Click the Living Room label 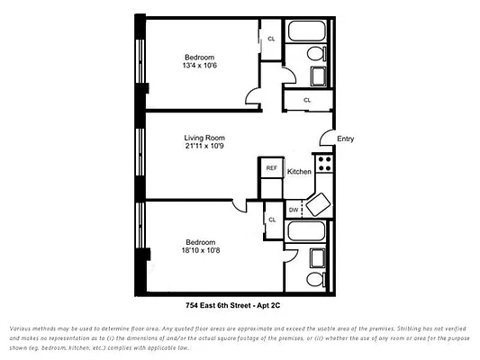(x=204, y=138)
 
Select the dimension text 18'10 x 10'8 (x=201, y=251)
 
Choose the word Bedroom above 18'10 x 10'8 (x=201, y=241)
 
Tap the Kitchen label (x=299, y=171)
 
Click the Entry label (x=346, y=139)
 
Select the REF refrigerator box (x=271, y=168)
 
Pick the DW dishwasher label (x=294, y=210)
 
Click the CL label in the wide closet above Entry (x=307, y=100)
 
